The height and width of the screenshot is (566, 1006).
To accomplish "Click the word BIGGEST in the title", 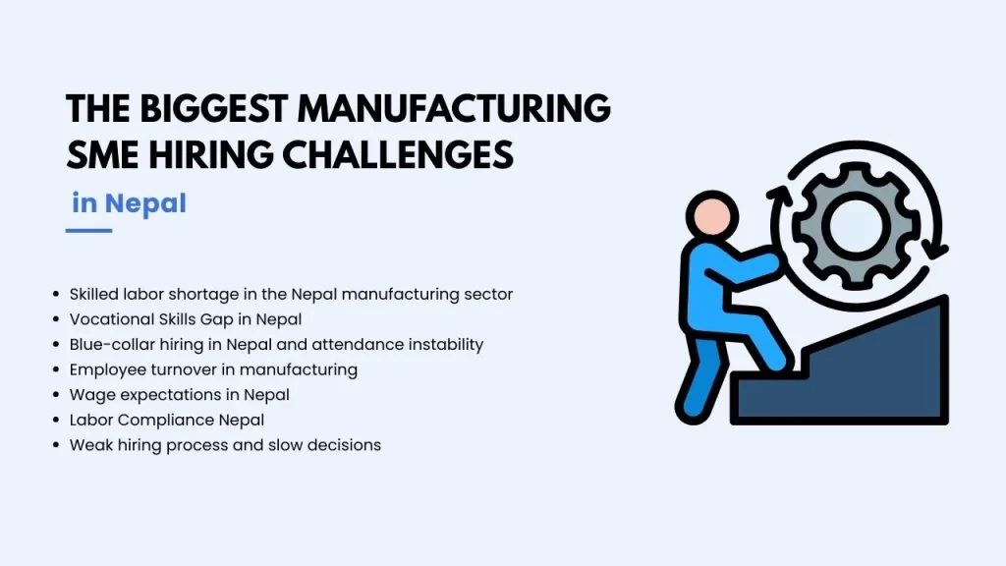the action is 213,108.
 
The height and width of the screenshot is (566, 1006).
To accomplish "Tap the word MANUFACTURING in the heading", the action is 454,108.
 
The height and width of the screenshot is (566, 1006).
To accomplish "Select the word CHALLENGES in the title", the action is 398,154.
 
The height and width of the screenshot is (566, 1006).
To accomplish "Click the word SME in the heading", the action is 102,154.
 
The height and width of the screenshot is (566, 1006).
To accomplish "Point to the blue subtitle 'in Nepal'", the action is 129,203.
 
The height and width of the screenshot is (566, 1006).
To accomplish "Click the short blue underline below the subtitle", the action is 88,230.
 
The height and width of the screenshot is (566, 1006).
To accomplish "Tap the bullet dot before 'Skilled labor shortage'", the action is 56,295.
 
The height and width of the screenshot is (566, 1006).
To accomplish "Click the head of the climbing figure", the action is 712,217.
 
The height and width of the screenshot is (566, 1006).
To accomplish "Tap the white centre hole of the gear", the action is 856,225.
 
